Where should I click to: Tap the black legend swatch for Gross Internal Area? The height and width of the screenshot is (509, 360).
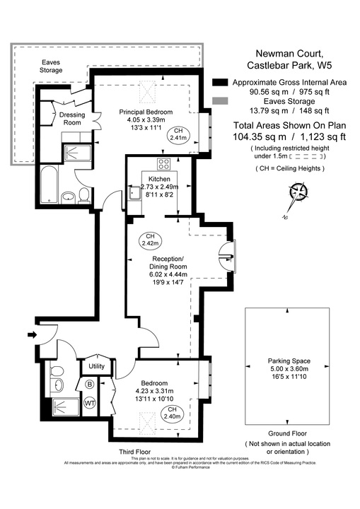tap(220, 82)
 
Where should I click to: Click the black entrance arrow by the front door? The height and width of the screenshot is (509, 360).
tap(32, 334)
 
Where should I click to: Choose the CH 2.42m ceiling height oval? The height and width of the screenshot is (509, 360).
tap(149, 240)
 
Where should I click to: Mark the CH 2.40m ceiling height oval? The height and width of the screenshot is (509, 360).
tap(171, 413)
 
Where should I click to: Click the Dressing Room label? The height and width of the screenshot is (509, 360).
tap(71, 119)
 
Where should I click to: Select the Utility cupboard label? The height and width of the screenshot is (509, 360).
tap(96, 365)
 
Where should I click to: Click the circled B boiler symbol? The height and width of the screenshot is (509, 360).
tap(89, 385)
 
